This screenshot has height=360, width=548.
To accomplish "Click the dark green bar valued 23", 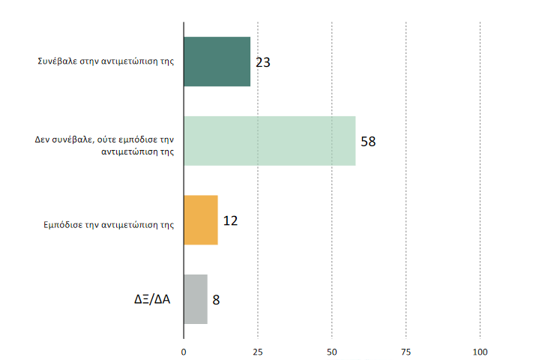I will tap(217, 61).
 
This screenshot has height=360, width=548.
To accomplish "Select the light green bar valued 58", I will tap(269, 141).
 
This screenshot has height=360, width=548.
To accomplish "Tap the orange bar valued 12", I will tap(201, 220).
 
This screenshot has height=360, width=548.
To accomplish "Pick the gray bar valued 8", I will tap(196, 299).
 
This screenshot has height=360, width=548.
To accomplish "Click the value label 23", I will tap(262, 62).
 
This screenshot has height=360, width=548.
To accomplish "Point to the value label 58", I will tap(367, 141).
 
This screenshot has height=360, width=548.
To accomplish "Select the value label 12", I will tap(230, 220).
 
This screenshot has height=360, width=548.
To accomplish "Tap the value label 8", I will tap(216, 300).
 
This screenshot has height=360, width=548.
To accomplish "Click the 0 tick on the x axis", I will tap(184, 352).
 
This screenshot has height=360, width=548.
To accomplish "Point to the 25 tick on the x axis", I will tap(257, 352).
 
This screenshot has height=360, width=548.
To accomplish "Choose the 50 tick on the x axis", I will tap(331, 352).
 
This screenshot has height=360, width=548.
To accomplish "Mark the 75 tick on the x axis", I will tap(406, 352).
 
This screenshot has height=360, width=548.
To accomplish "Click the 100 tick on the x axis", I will tap(480, 352).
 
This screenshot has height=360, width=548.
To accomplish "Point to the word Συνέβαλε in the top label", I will tap(55, 61).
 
